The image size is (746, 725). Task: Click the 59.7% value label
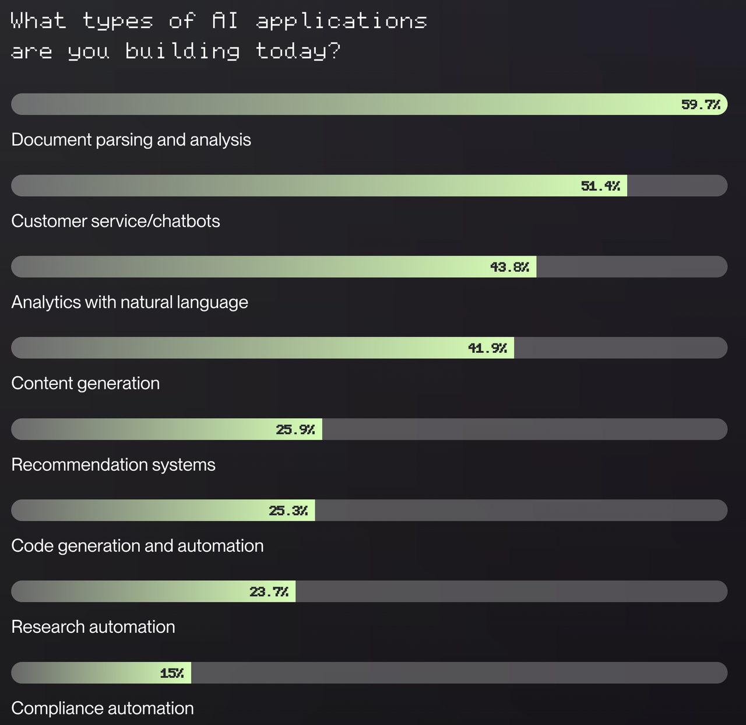click(701, 105)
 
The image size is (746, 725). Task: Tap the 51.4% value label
click(600, 186)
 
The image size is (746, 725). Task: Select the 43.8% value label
click(509, 267)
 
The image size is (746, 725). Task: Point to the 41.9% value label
click(487, 348)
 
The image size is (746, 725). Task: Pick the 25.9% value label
click(295, 430)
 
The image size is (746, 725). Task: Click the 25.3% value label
click(288, 511)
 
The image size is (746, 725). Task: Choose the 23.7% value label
click(269, 592)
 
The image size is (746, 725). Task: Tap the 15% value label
click(172, 673)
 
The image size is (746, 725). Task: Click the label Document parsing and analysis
click(131, 140)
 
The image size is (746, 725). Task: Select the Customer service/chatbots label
click(115, 221)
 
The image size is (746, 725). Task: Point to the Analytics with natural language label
click(129, 302)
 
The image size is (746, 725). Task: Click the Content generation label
click(85, 383)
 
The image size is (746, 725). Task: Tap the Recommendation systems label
click(113, 465)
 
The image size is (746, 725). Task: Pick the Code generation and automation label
click(137, 546)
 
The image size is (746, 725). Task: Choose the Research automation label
click(93, 627)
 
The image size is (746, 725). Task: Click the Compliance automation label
click(102, 708)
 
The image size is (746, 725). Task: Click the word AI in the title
click(225, 21)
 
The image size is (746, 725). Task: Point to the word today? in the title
click(298, 51)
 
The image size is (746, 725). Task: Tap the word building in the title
click(182, 51)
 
